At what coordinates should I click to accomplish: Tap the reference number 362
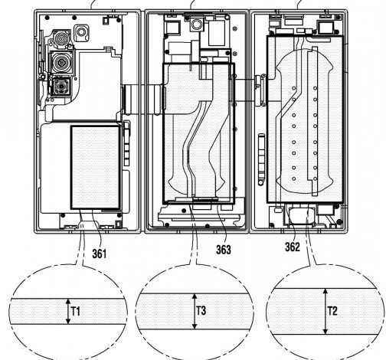(293, 247)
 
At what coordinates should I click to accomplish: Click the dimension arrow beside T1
(67, 312)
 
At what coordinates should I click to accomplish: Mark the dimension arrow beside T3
(193, 312)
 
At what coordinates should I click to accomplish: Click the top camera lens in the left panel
(57, 38)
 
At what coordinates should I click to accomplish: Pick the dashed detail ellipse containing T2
(327, 312)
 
